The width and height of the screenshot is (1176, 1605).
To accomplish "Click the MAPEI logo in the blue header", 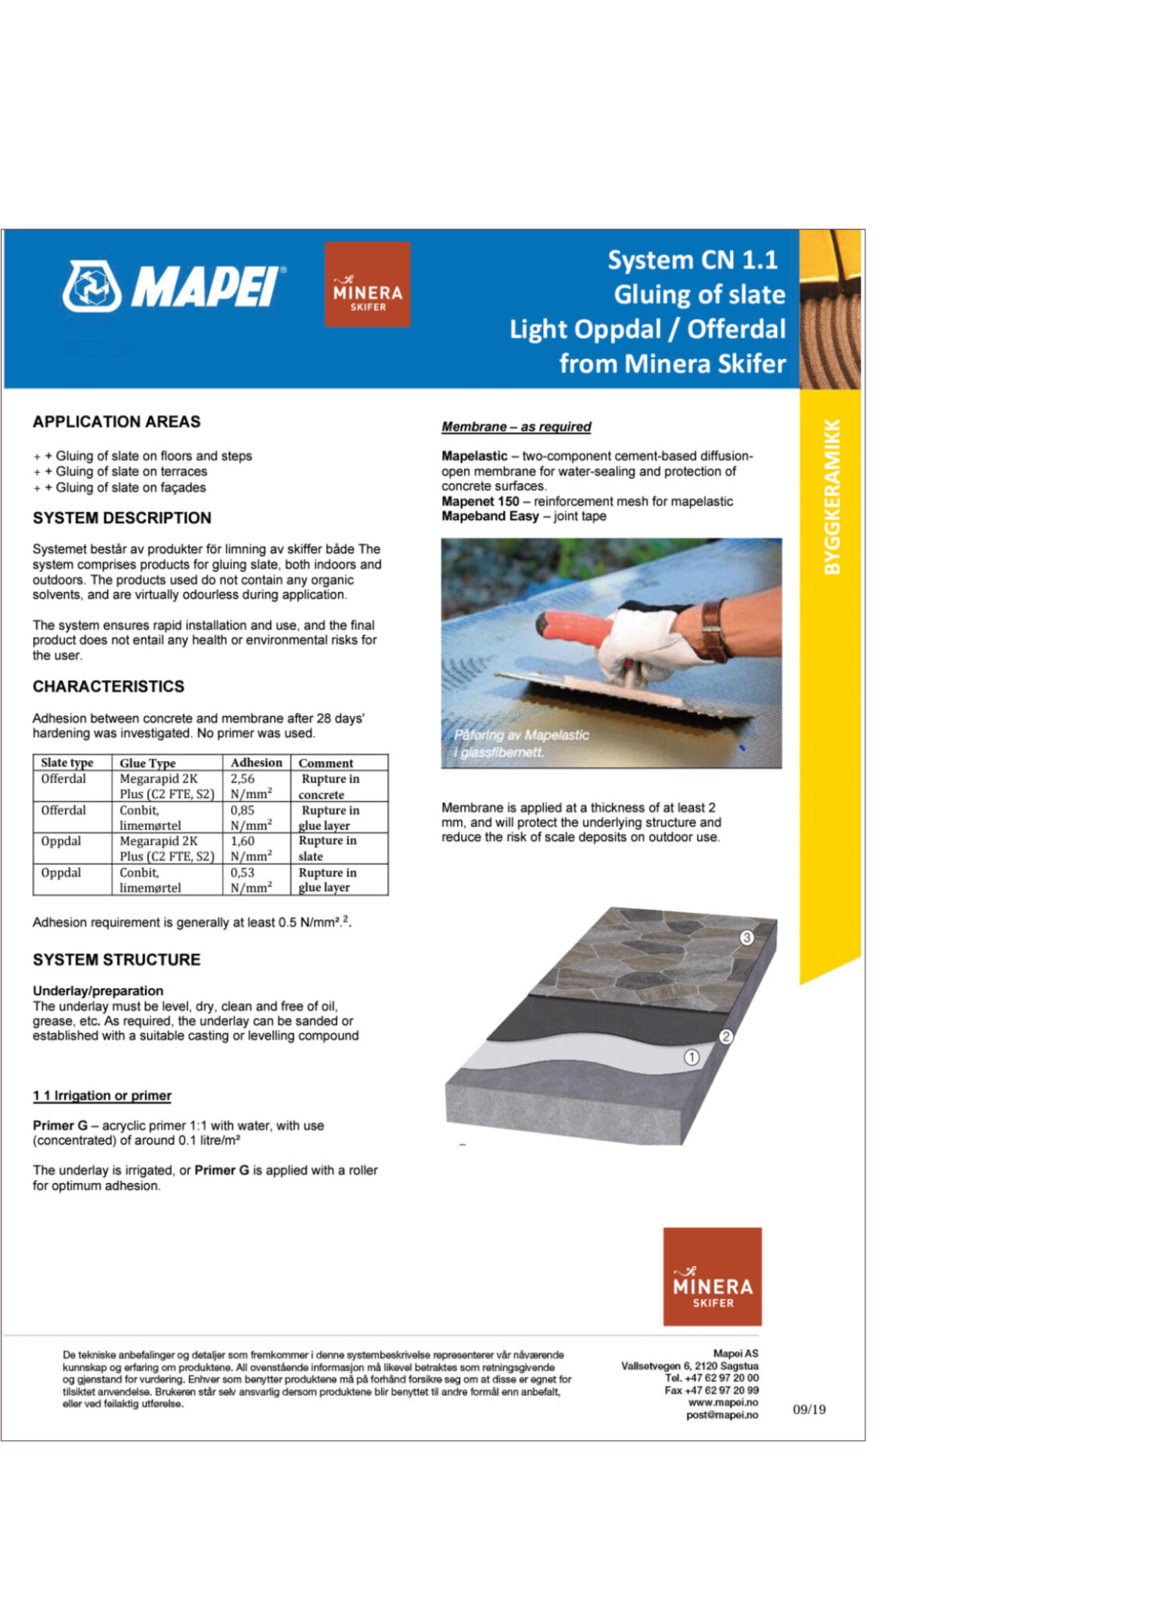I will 174,287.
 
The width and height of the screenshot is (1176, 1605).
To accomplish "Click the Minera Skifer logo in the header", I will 367,284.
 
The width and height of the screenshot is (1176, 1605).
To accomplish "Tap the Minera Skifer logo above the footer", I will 712,1276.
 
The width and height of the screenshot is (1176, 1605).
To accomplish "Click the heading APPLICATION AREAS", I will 117,422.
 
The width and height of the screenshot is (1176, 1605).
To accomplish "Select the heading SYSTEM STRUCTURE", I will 117,960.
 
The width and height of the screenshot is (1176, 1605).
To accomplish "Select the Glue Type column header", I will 148,763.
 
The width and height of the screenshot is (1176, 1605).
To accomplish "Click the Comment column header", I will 325,763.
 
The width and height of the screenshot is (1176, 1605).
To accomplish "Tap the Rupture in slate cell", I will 327,849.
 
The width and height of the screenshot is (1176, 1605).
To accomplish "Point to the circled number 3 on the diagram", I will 746,937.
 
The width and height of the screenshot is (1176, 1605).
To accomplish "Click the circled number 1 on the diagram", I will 692,1057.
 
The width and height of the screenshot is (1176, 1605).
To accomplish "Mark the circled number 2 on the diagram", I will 726,1037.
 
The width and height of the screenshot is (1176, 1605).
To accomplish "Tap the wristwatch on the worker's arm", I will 714,631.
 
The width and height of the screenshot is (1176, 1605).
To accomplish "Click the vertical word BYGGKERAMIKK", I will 832,497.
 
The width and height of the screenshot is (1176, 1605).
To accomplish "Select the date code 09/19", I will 809,1409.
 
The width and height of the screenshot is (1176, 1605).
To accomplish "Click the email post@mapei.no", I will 721,1415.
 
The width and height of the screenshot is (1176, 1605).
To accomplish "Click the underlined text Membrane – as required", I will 516,427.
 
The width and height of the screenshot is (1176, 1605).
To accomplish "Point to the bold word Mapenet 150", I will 480,501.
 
